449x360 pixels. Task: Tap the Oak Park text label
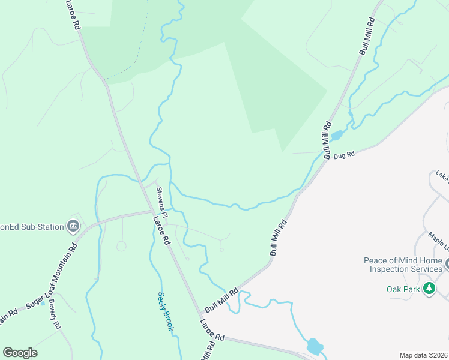pos(402,289)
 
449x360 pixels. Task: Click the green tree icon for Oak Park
pos(429,289)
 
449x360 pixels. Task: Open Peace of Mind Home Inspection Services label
pos(403,265)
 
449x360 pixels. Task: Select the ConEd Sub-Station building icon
pos(74,226)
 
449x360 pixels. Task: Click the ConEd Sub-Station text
pos(33,226)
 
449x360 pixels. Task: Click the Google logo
pos(20,352)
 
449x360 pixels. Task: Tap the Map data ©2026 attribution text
pos(423,355)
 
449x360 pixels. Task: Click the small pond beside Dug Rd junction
pos(336,136)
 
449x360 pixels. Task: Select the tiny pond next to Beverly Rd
pos(43,304)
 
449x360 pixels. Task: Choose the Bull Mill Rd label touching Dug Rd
pos(328,140)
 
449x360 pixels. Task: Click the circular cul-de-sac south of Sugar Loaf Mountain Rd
pos(121,246)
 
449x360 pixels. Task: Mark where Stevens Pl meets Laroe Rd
pos(152,211)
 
